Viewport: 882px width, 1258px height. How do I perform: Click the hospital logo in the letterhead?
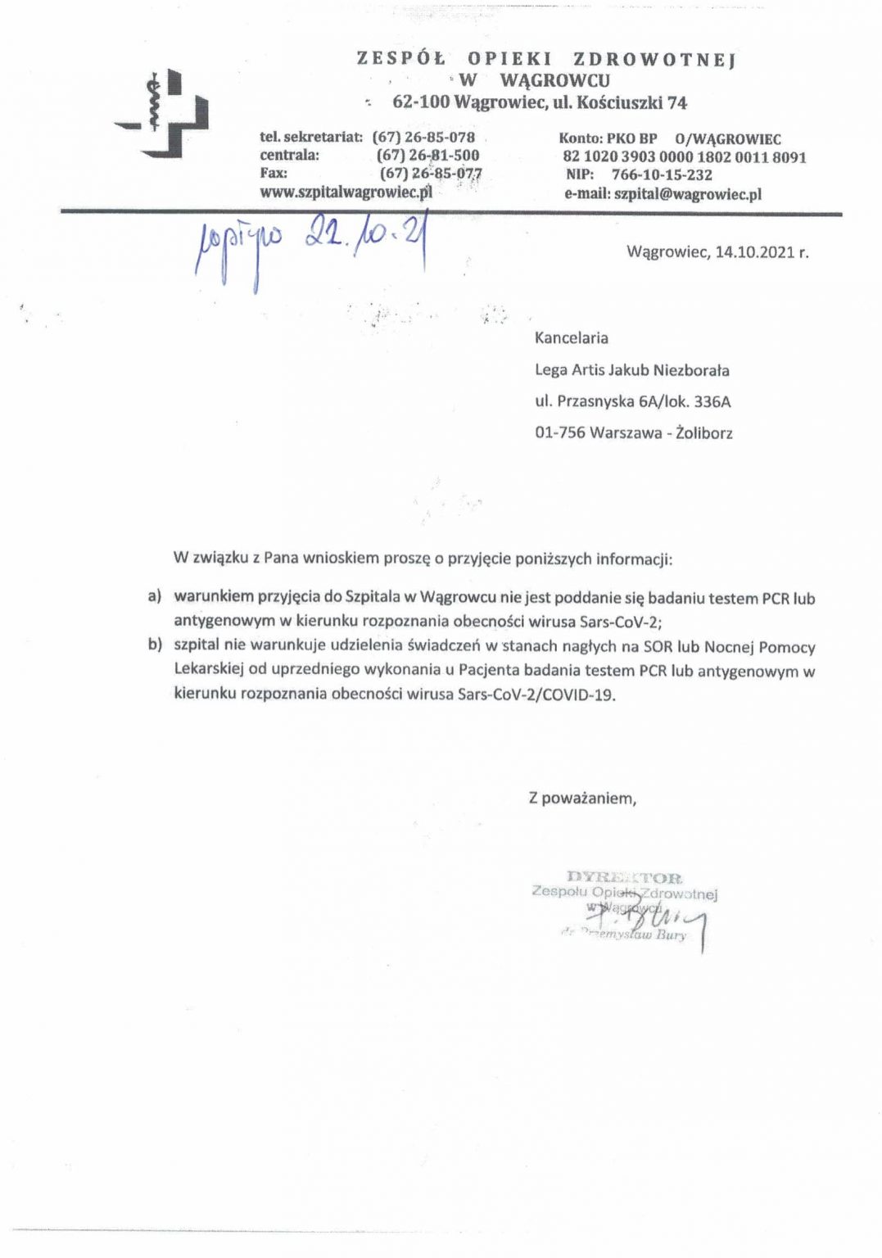162,113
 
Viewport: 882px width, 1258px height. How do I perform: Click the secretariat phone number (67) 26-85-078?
423,137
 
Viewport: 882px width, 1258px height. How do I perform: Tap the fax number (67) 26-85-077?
430,173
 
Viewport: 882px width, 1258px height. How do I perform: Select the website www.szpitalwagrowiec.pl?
346,192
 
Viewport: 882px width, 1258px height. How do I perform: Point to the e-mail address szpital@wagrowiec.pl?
687,194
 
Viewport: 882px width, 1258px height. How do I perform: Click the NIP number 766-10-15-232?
662,174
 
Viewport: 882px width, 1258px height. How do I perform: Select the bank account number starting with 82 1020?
684,156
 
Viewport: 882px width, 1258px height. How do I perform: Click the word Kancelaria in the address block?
571,337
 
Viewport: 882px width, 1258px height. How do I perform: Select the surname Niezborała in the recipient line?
690,369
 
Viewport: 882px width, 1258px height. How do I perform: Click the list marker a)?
155,596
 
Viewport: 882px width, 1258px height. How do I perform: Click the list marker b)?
155,645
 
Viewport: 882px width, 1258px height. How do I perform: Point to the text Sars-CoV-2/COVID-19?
536,695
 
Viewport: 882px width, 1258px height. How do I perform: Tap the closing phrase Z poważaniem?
582,797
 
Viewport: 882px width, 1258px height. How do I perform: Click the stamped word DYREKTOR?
624,877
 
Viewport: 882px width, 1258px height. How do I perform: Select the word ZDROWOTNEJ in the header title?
654,59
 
